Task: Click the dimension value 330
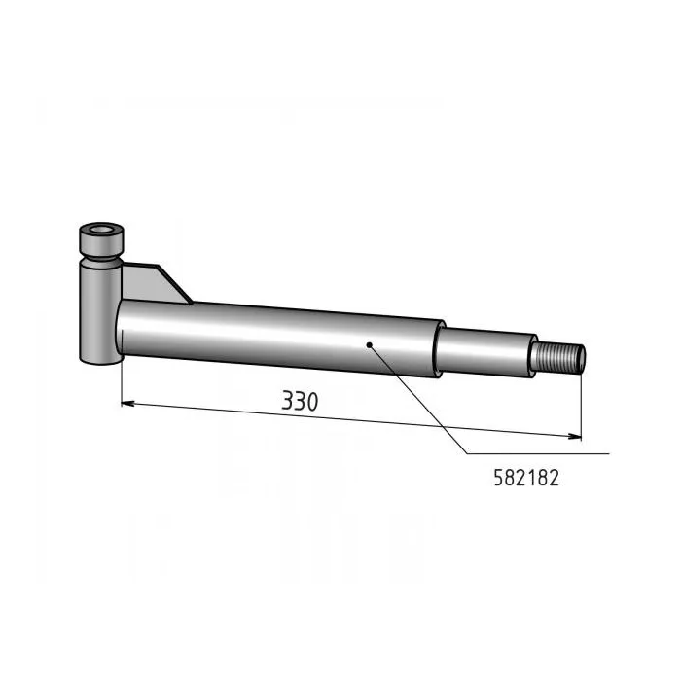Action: pos(300,401)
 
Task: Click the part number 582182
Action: pos(526,479)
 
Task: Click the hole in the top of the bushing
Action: pos(101,229)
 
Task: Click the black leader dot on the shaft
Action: pos(369,345)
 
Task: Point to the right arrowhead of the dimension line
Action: pos(575,436)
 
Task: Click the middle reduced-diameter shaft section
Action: pos(484,352)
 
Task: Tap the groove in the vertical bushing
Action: pos(101,259)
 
